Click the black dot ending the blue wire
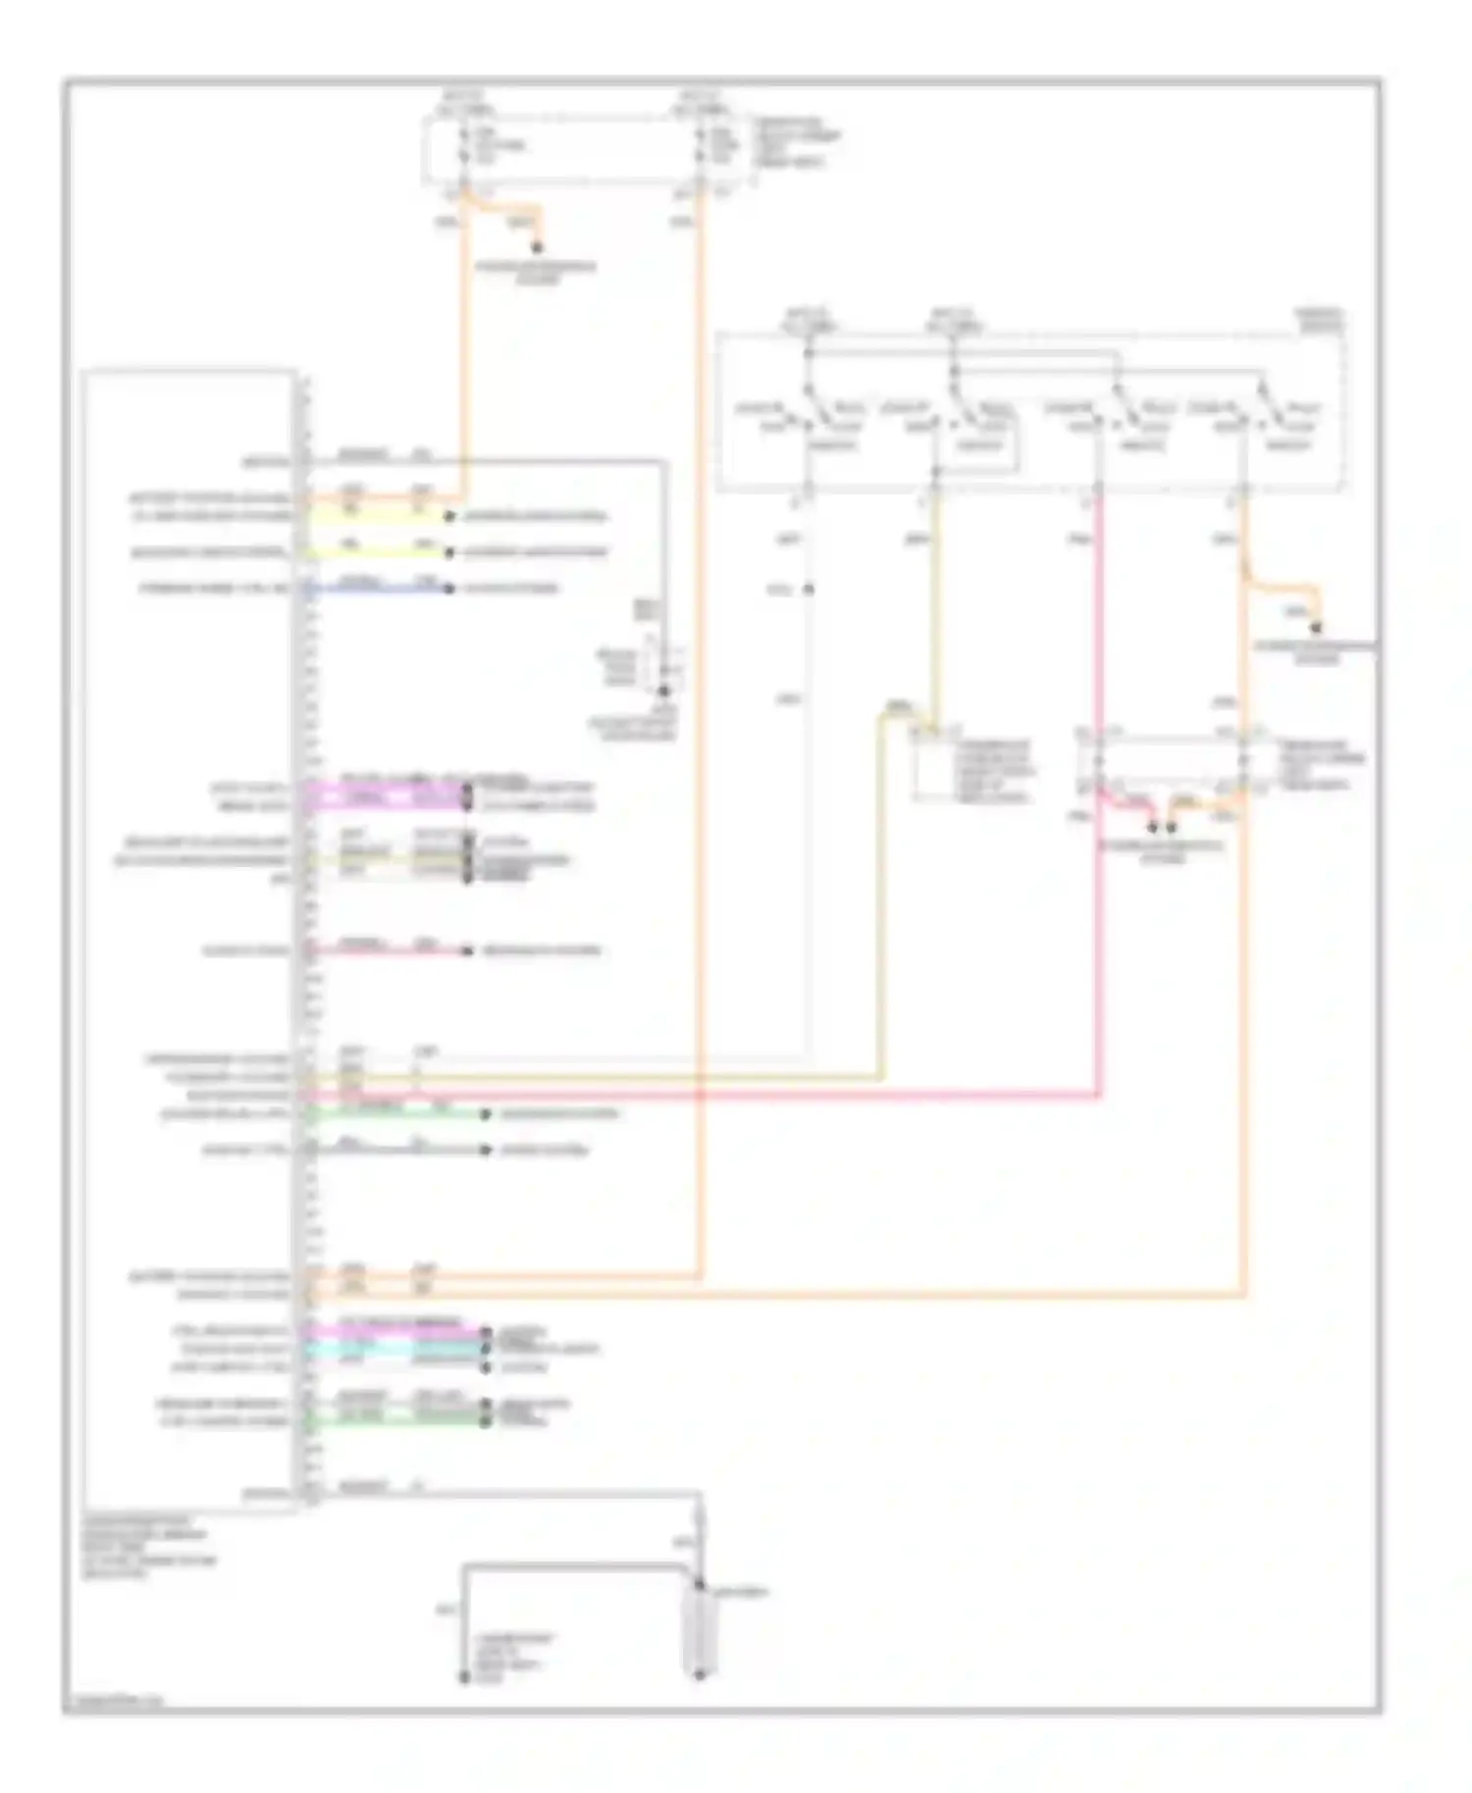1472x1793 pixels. (448, 589)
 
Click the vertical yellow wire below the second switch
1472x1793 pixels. (935, 608)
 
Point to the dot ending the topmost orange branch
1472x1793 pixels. (537, 248)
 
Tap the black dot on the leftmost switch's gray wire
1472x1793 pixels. (809, 589)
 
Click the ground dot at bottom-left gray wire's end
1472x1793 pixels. (464, 1678)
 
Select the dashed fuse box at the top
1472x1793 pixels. (589, 150)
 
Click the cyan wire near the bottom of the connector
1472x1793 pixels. (393, 1350)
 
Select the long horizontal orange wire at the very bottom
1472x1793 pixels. (785, 1296)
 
